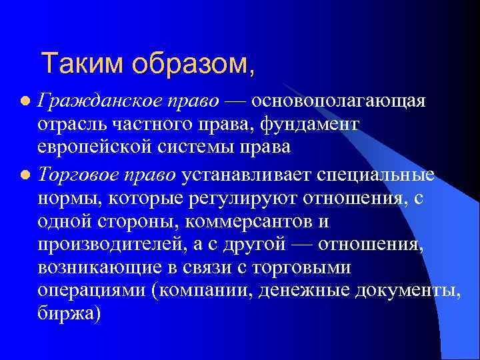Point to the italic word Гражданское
(x=93, y=101)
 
